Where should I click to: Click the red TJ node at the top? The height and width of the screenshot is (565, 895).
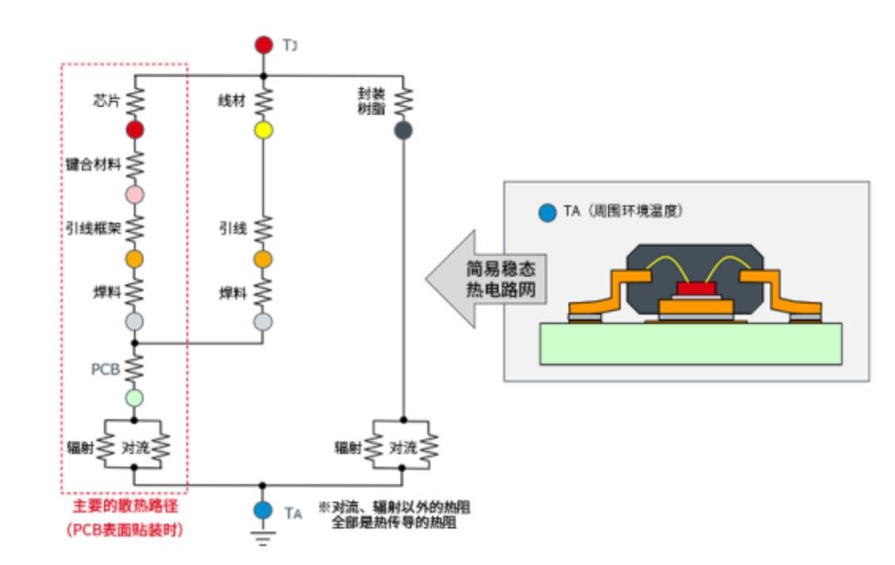click(263, 45)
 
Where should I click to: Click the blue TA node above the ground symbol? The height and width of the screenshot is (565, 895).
click(263, 511)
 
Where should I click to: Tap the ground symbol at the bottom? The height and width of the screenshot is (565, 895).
click(263, 539)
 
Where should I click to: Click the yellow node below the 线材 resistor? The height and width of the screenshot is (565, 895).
click(263, 131)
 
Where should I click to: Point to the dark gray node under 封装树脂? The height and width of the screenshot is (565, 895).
click(403, 131)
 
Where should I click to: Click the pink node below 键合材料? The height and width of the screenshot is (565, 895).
click(135, 194)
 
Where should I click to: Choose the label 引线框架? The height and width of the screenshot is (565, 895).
click(92, 229)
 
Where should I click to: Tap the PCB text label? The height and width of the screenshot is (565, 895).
click(105, 369)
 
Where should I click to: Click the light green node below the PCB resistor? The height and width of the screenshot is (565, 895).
click(135, 397)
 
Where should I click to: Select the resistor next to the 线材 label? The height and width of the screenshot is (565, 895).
click(263, 101)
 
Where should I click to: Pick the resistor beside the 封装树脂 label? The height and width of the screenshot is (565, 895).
click(403, 101)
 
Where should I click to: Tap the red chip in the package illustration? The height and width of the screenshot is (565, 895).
click(695, 288)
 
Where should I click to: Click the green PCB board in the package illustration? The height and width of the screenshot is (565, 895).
click(690, 344)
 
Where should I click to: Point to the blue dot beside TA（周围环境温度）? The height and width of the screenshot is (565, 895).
click(545, 212)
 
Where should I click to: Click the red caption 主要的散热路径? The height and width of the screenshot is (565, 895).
click(125, 507)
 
